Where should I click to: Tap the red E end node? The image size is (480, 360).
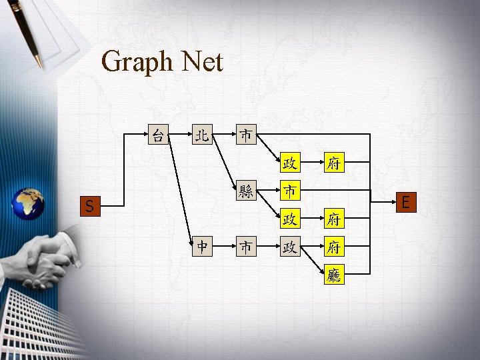click(405, 201)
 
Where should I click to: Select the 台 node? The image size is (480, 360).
click(158, 135)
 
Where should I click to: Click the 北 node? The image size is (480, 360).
click(201, 135)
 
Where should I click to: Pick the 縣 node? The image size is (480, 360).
click(246, 191)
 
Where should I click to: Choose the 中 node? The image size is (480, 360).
click(201, 247)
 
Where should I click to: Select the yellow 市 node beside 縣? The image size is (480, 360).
click(289, 191)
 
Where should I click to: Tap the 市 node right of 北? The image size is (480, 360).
click(246, 135)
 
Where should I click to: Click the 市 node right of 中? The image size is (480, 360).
click(246, 247)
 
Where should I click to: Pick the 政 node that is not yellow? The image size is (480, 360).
click(289, 247)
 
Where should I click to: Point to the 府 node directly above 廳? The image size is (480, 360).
click(334, 247)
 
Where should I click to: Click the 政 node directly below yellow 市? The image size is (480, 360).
click(289, 219)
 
